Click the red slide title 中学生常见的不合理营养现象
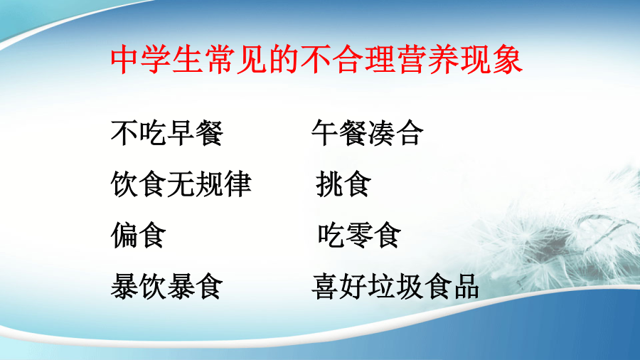point(316,60)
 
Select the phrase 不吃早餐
point(167,133)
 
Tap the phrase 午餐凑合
point(368,133)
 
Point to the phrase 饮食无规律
point(181,184)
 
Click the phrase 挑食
point(343,184)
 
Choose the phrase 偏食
point(139,235)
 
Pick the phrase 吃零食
point(359,235)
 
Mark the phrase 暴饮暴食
point(167,286)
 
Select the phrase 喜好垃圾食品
point(395,286)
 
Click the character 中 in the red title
point(125,60)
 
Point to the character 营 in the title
point(412,60)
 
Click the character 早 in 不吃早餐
point(181,133)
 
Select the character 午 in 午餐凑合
point(326,133)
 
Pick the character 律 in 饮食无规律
point(237,184)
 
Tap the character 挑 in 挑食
point(330,184)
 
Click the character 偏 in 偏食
point(124,235)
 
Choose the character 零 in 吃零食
point(360,235)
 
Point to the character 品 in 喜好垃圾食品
point(465,286)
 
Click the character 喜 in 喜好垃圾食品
point(326,286)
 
